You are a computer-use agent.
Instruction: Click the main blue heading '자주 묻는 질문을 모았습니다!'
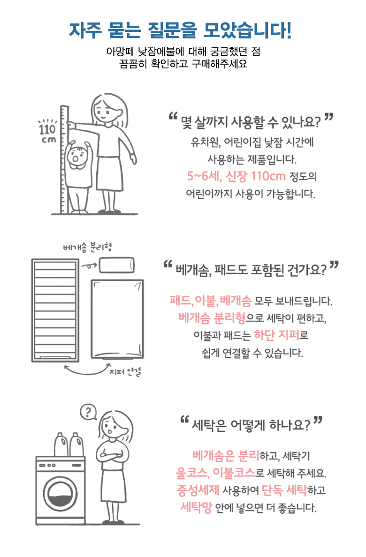(180, 30)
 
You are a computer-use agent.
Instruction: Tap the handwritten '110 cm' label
(47, 132)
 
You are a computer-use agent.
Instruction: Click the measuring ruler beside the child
(64, 160)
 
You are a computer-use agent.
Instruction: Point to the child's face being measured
(76, 157)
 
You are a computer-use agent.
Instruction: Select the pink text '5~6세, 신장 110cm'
(236, 176)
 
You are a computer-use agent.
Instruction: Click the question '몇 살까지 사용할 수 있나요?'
(251, 122)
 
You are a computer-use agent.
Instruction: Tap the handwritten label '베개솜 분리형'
(88, 247)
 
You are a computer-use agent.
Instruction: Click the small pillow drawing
(117, 266)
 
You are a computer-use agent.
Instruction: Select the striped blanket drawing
(55, 310)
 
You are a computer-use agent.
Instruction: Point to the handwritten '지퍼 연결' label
(125, 372)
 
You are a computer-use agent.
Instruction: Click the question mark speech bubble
(89, 412)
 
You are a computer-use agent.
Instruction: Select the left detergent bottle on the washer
(61, 444)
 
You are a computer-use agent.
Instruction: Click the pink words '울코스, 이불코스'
(215, 473)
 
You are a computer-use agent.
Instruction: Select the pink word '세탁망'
(196, 507)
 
